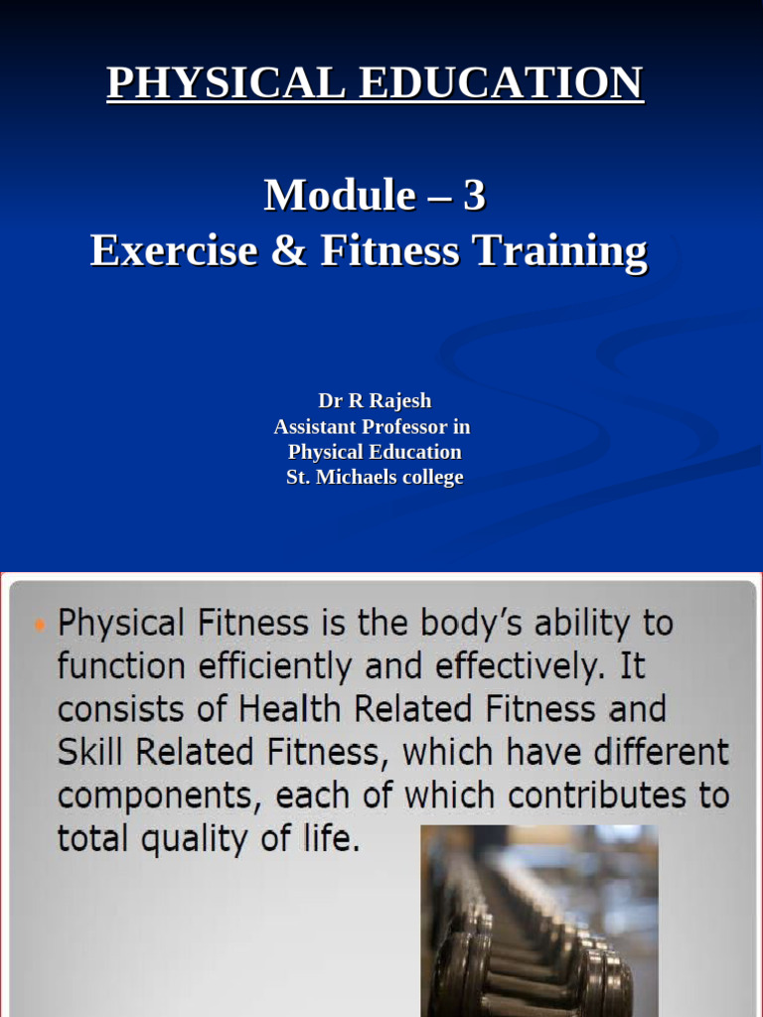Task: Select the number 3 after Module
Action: click(x=474, y=195)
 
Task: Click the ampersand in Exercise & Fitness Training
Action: click(x=288, y=250)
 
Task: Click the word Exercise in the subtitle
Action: click(x=174, y=250)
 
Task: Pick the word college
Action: click(x=431, y=478)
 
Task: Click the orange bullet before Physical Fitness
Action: click(x=39, y=625)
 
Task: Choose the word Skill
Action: click(x=86, y=752)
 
